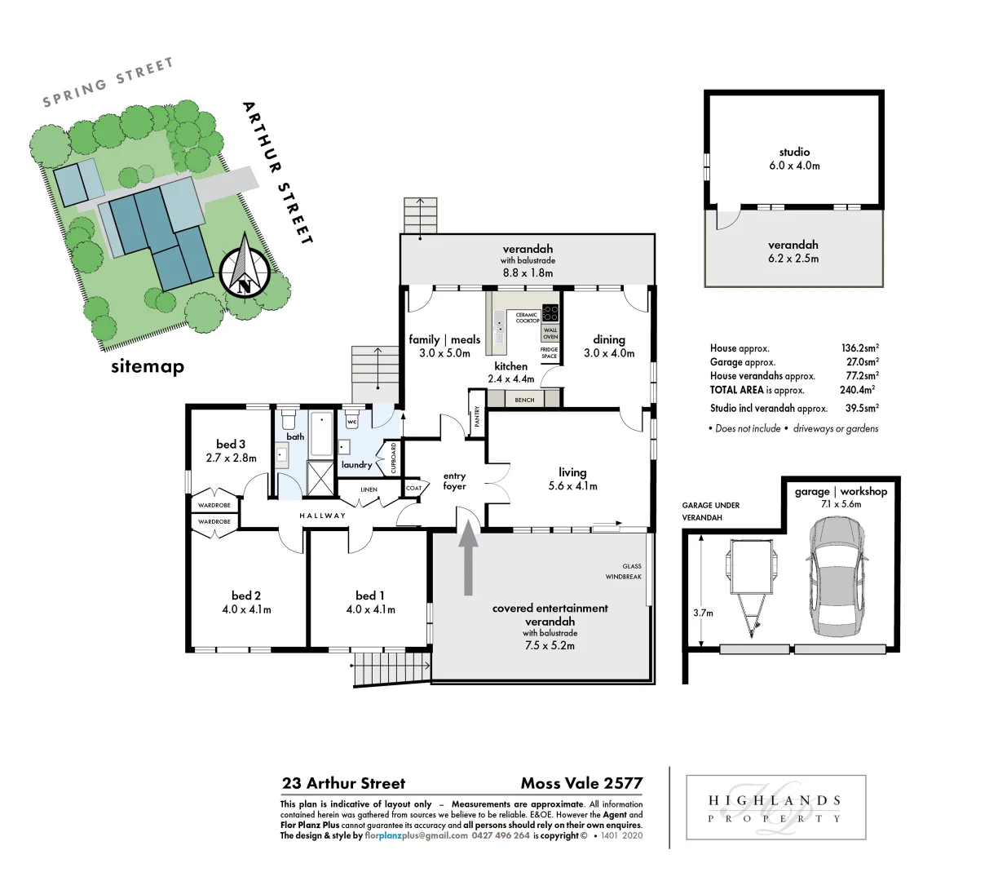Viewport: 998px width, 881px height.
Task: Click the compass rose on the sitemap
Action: click(x=244, y=266)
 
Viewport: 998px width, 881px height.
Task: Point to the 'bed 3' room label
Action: click(x=231, y=445)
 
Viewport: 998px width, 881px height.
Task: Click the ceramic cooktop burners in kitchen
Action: click(x=550, y=313)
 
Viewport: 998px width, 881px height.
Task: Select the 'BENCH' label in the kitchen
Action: click(x=524, y=400)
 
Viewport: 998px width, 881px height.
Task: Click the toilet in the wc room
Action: click(x=352, y=419)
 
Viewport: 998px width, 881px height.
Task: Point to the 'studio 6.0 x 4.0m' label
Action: click(x=793, y=158)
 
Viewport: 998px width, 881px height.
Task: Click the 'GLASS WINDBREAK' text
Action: click(x=624, y=571)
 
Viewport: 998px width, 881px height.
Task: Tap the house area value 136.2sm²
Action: click(x=859, y=348)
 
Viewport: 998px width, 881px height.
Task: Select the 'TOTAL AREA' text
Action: click(x=736, y=391)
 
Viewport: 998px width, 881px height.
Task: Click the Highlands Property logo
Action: click(x=774, y=808)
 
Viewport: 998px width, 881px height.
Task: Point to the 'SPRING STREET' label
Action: click(x=108, y=82)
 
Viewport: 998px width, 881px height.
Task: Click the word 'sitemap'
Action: click(x=148, y=367)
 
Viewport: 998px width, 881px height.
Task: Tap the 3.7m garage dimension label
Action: click(x=703, y=613)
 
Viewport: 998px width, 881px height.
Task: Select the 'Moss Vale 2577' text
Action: click(x=581, y=784)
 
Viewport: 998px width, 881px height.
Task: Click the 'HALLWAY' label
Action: click(x=322, y=516)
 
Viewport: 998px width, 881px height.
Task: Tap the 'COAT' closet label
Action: click(x=413, y=489)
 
